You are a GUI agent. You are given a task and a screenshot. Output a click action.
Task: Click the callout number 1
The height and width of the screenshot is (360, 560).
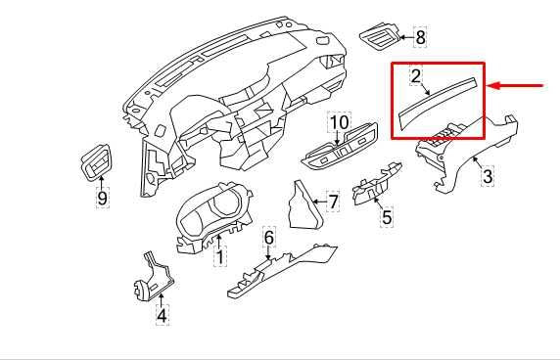(220, 256)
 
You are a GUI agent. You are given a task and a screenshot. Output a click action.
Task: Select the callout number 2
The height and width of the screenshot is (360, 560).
(416, 76)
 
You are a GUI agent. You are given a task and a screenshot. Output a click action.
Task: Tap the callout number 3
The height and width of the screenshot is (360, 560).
(488, 176)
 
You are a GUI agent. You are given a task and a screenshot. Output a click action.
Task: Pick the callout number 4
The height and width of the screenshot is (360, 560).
(163, 315)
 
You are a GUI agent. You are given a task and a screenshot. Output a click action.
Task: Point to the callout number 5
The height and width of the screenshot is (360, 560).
(387, 216)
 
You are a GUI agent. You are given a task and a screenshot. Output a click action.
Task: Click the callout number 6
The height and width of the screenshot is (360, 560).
(269, 238)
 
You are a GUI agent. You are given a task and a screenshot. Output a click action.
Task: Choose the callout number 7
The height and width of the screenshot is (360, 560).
(333, 202)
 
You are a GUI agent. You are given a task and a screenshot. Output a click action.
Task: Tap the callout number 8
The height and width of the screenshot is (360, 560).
(420, 37)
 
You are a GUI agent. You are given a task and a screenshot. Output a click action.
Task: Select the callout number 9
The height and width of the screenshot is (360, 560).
(103, 198)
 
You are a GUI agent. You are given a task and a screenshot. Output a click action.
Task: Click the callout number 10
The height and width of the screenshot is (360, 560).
(340, 122)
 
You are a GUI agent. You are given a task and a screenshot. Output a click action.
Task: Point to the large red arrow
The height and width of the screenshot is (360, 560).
(515, 86)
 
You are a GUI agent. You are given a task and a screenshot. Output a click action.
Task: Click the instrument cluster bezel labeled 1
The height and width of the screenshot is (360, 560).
(213, 216)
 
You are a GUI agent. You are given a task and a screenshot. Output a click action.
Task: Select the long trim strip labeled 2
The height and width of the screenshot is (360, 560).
(438, 102)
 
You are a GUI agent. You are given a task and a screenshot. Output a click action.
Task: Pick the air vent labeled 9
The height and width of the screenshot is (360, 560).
(97, 162)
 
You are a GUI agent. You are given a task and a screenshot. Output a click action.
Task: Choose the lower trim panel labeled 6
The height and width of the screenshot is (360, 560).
(282, 270)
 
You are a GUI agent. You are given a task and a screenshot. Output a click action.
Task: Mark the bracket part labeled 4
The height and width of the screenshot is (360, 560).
(153, 278)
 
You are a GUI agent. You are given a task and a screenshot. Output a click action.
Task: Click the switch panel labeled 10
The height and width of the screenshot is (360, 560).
(340, 147)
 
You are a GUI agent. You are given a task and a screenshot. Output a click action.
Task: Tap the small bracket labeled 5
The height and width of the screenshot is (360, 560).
(376, 185)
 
